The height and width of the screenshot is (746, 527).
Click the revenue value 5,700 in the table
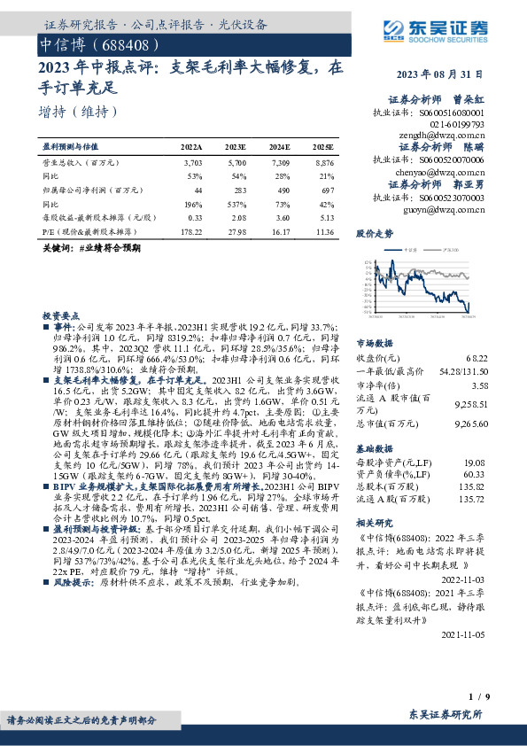[236, 164]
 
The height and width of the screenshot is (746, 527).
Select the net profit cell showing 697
[326, 190]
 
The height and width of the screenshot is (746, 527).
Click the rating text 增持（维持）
[79, 113]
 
